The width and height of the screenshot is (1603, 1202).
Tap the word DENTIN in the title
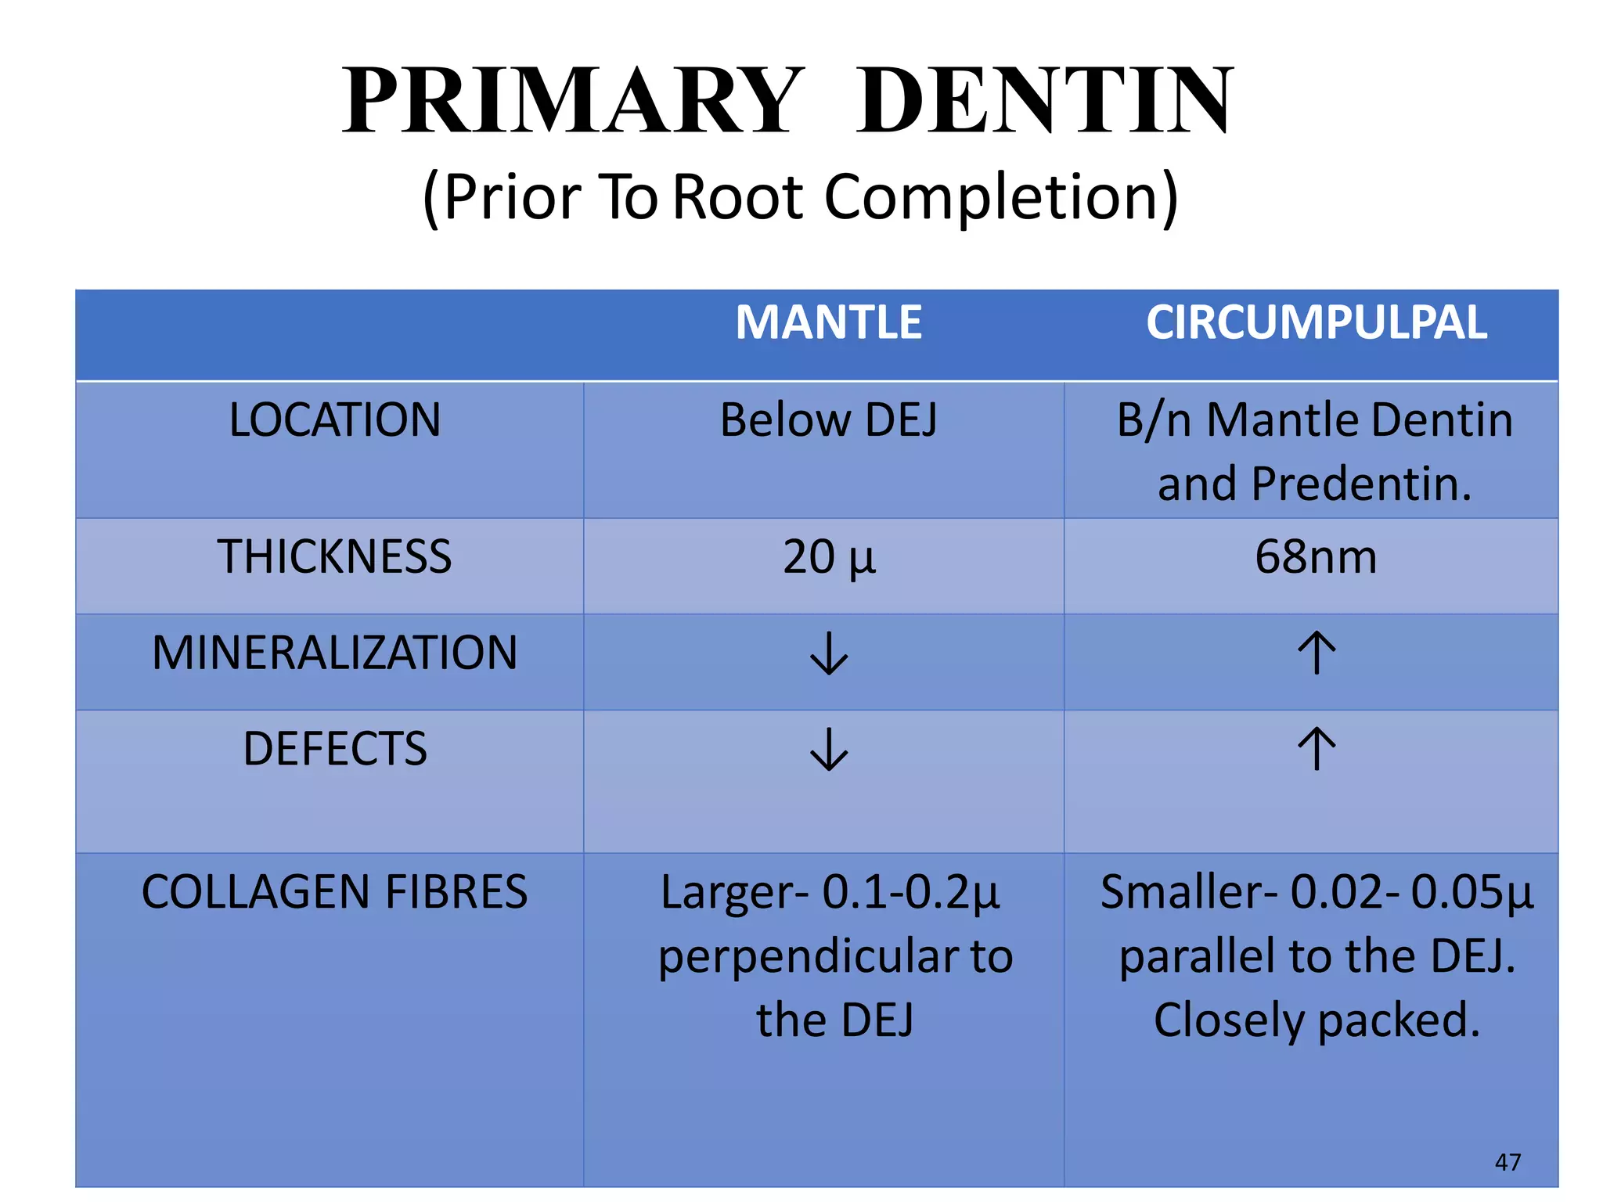(x=1044, y=102)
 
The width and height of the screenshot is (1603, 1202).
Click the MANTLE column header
(x=829, y=322)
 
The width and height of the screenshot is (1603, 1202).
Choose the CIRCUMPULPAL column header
(x=1317, y=322)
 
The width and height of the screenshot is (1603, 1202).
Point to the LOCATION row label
(x=335, y=420)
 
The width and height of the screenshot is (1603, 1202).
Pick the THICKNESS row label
(x=335, y=557)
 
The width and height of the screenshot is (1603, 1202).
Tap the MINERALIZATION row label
(x=335, y=653)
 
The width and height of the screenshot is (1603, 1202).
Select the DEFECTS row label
(x=335, y=749)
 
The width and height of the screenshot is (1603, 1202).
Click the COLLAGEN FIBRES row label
(x=335, y=892)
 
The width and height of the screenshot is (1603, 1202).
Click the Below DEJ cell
(x=829, y=420)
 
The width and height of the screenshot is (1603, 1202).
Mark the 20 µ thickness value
(x=829, y=557)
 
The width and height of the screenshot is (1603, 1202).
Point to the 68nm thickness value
(x=1317, y=557)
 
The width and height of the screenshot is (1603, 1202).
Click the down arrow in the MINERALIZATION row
(x=829, y=653)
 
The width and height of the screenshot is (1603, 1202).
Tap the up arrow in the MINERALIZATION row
(x=1317, y=653)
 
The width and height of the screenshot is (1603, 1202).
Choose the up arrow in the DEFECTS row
(x=1317, y=749)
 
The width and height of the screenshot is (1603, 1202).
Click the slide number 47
(x=1508, y=1162)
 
